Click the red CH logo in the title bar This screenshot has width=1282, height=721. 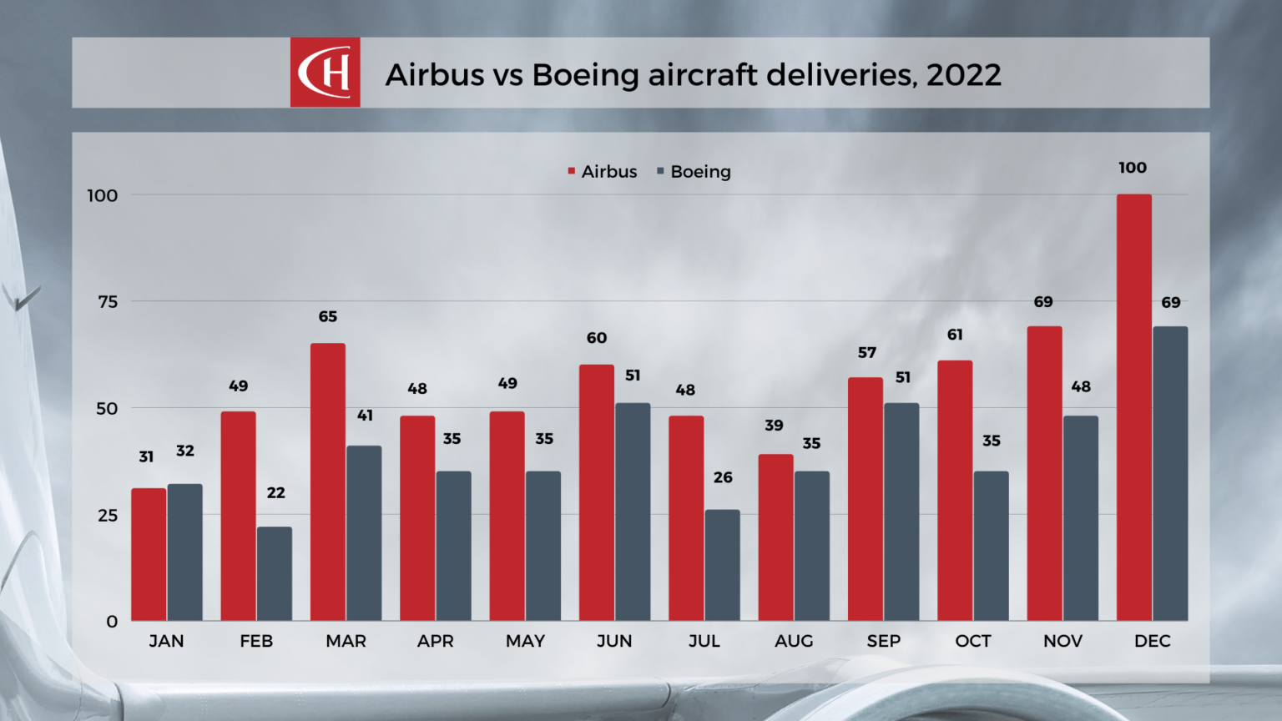point(326,73)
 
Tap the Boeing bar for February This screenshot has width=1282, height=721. point(275,573)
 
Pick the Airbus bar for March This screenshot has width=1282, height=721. point(328,482)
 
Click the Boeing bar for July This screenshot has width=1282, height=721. point(722,565)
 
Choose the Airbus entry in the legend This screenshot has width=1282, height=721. point(602,172)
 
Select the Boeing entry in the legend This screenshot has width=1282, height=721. point(694,172)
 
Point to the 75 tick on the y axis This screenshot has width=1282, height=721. point(108,302)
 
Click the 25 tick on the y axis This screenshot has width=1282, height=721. point(108,516)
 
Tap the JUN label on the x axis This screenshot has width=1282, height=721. point(614,641)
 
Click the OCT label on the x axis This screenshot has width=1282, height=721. point(973,641)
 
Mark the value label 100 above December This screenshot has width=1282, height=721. point(1133,168)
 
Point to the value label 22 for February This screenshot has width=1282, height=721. point(275,493)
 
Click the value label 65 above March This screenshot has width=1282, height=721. point(328,317)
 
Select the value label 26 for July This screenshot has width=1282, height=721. point(723,478)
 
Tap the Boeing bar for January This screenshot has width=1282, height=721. point(185,552)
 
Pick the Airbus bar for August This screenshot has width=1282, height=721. point(775,537)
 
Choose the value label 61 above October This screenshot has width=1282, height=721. point(955,335)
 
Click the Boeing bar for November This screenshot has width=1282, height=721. point(1081,518)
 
